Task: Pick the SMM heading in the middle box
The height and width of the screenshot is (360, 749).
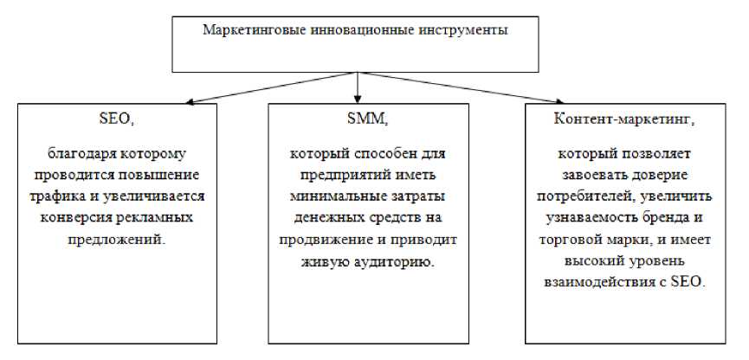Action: [368, 120]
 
